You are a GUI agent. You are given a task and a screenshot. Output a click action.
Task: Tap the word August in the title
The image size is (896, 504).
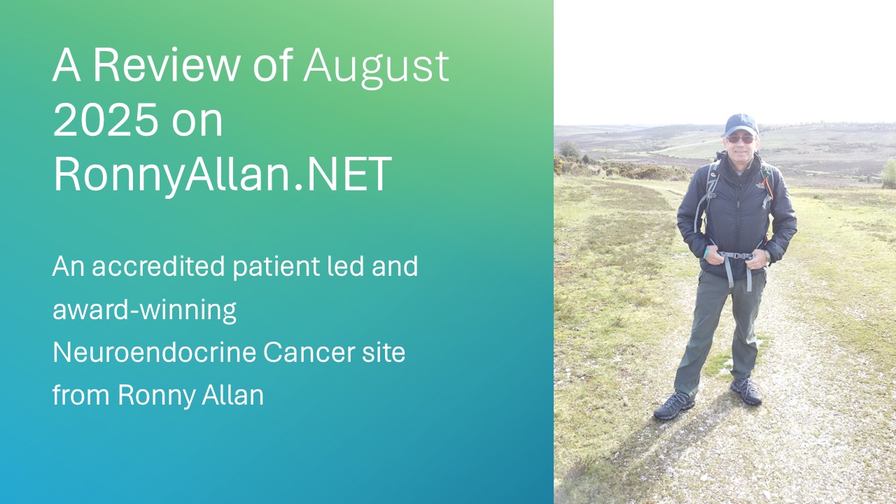tap(376, 67)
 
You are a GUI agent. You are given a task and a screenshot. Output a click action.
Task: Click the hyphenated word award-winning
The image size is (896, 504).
tap(144, 310)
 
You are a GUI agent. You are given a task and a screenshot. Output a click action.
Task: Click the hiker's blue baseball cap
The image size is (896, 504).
tap(741, 125)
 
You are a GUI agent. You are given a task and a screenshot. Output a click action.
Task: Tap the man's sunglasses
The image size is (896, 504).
tap(740, 139)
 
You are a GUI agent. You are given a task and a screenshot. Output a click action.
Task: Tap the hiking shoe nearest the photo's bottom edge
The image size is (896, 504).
tap(673, 407)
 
